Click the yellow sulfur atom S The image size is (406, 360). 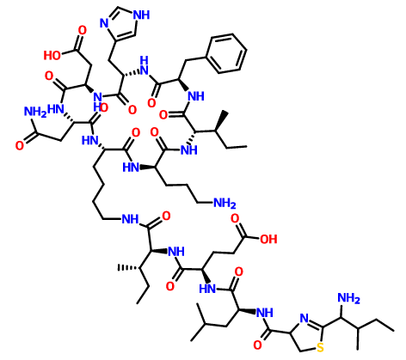click(320, 347)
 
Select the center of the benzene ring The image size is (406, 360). click(227, 53)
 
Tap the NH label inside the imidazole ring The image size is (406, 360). click(141, 15)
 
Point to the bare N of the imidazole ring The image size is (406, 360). click(104, 23)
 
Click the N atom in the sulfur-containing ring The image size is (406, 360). click(304, 318)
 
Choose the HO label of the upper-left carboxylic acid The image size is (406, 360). click(52, 55)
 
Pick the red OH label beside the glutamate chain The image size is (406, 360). click(268, 239)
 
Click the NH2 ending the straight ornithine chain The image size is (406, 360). click(225, 204)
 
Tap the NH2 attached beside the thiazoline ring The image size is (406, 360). click(348, 298)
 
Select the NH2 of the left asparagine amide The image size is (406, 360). click(35, 112)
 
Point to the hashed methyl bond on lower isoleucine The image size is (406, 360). click(128, 268)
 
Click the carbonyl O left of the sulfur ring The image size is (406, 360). click(258, 345)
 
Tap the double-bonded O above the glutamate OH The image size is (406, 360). click(235, 218)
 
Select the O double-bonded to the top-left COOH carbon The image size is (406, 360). click(83, 30)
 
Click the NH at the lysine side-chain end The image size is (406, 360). click(130, 219)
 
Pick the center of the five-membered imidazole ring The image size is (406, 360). click(123, 23)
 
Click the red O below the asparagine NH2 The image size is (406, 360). click(20, 146)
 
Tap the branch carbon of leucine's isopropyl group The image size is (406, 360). click(205, 324)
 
